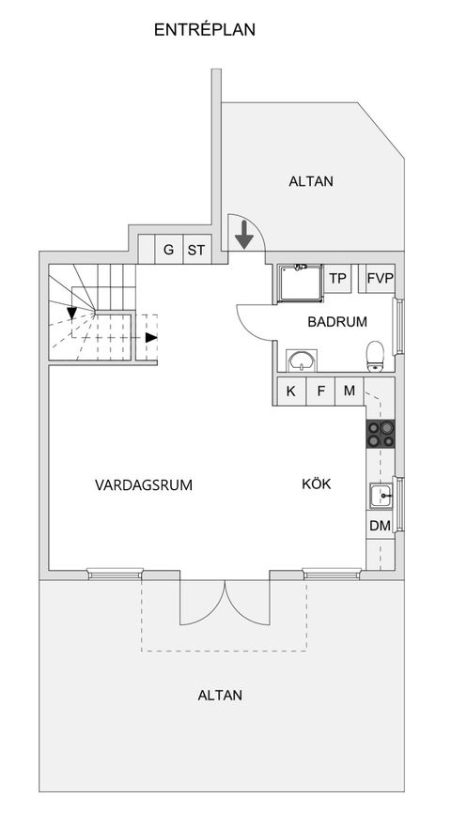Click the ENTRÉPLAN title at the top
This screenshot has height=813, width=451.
204,30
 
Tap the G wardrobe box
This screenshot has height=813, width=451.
168,250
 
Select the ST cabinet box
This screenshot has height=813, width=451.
195,250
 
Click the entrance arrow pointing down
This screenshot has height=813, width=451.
244,235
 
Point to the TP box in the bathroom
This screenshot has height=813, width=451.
338,278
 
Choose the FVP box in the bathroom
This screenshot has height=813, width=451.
380,278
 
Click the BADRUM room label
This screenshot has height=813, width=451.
337,321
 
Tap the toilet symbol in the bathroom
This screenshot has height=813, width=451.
376,355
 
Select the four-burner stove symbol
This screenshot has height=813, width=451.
380,433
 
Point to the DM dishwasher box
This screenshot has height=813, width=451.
380,526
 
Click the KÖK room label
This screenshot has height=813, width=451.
316,484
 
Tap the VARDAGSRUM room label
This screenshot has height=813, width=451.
144,485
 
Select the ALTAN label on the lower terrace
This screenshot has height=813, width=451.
220,696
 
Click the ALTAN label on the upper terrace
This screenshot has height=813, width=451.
310,181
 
